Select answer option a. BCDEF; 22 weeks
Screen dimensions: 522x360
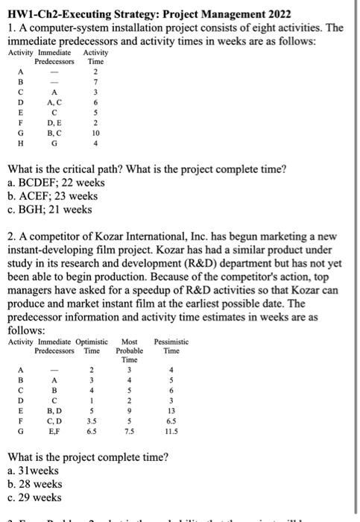[x=56, y=183]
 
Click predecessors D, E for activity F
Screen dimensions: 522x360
[x=54, y=122]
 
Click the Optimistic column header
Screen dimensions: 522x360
[x=89, y=342]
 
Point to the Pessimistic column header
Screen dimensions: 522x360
[x=171, y=342]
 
